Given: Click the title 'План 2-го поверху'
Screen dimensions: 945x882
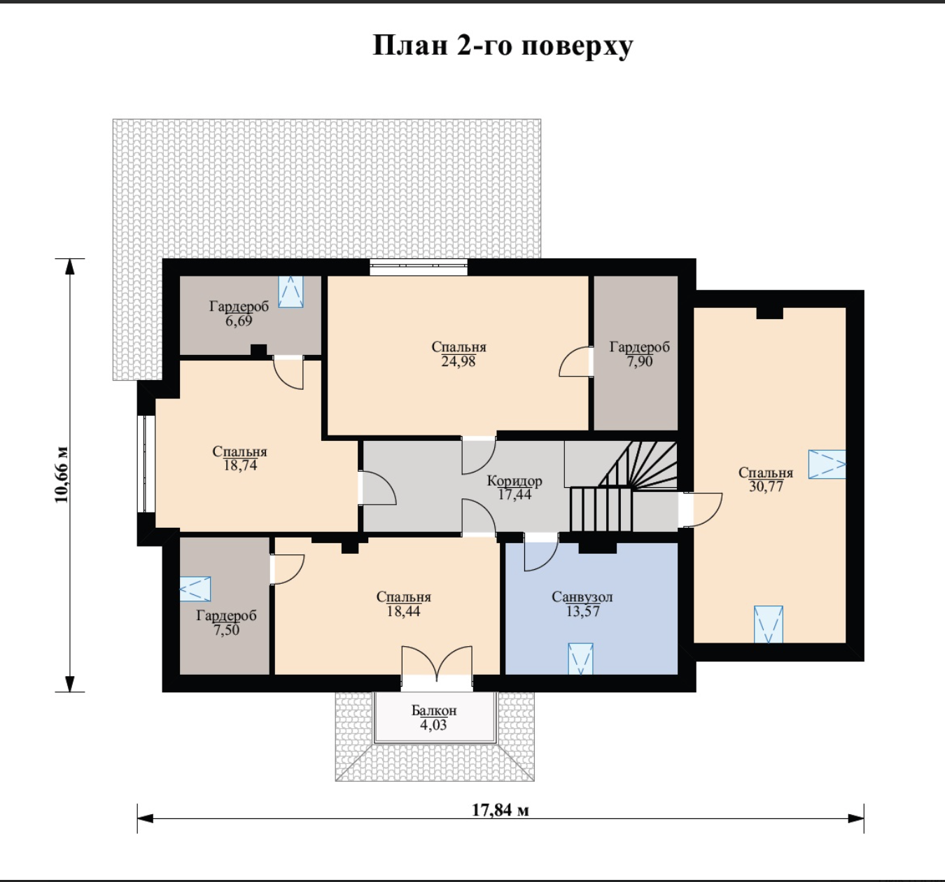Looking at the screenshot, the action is [503, 46].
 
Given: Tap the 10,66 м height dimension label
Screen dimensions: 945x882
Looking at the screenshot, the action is [62, 475].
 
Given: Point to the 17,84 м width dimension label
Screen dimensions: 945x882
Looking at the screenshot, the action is [500, 809].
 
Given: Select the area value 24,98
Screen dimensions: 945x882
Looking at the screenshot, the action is [458, 361].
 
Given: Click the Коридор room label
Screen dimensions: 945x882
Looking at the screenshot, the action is [514, 481].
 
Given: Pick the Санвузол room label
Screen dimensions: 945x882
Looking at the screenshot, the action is [582, 597].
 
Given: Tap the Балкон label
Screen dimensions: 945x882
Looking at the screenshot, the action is [434, 710].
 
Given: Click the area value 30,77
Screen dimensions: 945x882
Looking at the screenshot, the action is [766, 486].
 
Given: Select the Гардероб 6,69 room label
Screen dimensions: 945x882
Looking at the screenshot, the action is [239, 313].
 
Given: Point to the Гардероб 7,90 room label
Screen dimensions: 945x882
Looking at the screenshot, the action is [640, 353].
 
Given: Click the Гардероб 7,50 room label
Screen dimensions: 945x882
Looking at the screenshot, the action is [227, 622].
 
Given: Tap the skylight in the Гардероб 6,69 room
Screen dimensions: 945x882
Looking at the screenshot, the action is [290, 292].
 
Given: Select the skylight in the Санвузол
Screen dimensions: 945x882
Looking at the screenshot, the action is [580, 659].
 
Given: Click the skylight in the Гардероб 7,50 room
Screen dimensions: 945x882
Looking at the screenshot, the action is [195, 589].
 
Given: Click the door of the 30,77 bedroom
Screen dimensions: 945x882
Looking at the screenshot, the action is [701, 510].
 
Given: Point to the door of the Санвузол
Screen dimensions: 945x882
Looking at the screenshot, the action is [541, 552].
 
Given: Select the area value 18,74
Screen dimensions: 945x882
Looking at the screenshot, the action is [240, 465].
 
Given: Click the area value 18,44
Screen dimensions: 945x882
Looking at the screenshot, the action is [403, 610].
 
